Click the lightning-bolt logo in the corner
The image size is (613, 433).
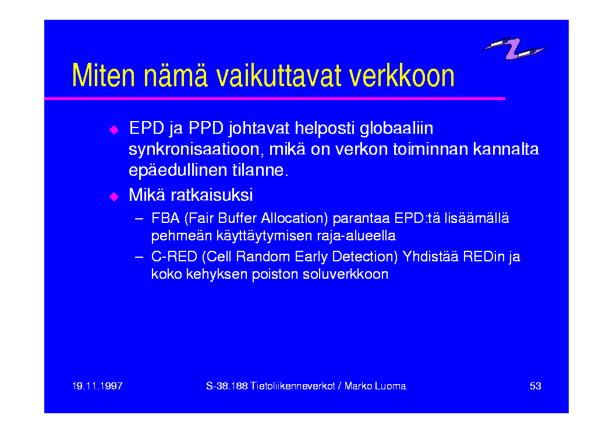coord(513,48)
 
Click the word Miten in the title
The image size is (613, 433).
coord(104,76)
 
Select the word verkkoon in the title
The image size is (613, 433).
coord(402,76)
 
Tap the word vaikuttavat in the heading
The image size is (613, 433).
coord(279,76)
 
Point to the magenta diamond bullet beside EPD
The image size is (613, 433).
coord(114,130)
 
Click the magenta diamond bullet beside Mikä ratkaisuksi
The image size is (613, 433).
coord(114,196)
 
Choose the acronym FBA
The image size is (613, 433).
coord(165,218)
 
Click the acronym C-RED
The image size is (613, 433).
coord(174,257)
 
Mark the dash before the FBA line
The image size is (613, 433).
coord(139,218)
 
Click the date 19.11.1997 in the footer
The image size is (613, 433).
coord(97,386)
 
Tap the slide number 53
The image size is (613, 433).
coord(535,386)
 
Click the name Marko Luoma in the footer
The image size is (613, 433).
coord(375,386)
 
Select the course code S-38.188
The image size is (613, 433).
coord(227,386)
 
